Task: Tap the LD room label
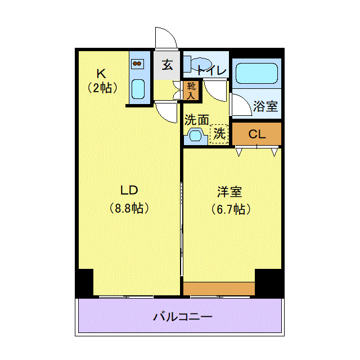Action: (128, 189)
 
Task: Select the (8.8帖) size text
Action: (129, 209)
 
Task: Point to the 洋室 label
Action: (231, 192)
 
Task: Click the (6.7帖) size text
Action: (231, 210)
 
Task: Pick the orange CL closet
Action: (256, 134)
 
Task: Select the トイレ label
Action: (211, 71)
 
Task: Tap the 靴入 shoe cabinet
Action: (192, 90)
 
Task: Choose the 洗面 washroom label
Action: (196, 120)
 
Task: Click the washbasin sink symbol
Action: (196, 136)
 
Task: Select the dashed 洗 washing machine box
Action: (219, 134)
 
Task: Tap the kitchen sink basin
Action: (138, 91)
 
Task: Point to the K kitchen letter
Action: (101, 74)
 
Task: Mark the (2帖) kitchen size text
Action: (102, 88)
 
